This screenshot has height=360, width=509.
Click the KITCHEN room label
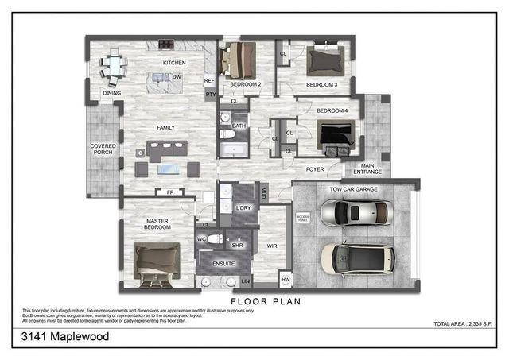click(174, 63)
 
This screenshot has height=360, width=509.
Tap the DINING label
click(111, 93)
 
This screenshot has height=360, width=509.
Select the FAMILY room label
click(165, 126)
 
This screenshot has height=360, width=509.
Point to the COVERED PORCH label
click(103, 149)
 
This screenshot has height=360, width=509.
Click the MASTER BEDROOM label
click(157, 224)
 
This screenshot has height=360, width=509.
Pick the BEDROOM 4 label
click(332, 110)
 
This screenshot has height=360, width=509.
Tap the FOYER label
click(316, 169)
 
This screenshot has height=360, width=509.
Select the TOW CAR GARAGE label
click(353, 190)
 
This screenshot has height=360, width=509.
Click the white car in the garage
click(355, 213)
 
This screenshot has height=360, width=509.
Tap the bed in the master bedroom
click(157, 261)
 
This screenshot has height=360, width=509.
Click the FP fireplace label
click(169, 192)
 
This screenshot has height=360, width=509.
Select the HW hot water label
click(286, 279)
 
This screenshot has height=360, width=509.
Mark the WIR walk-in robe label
click(271, 247)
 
